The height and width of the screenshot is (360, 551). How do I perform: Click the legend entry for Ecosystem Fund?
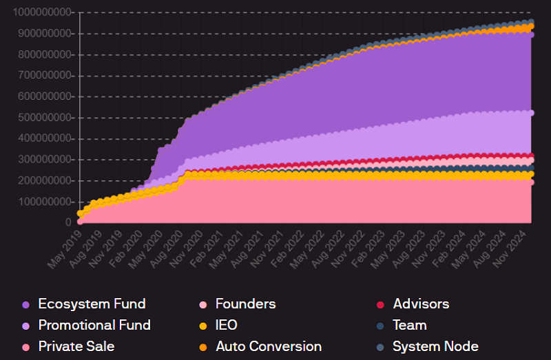[x=92, y=304]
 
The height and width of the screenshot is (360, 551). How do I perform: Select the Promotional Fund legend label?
[x=94, y=325]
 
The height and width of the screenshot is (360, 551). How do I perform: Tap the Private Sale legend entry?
[x=76, y=346]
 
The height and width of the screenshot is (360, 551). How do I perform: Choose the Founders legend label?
[x=245, y=304]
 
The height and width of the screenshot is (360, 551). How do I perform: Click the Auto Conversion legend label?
[x=269, y=346]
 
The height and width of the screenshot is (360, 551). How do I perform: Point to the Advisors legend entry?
[x=421, y=304]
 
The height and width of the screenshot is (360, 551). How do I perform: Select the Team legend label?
[x=410, y=325]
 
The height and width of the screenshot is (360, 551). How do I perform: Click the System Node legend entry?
[x=435, y=346]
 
